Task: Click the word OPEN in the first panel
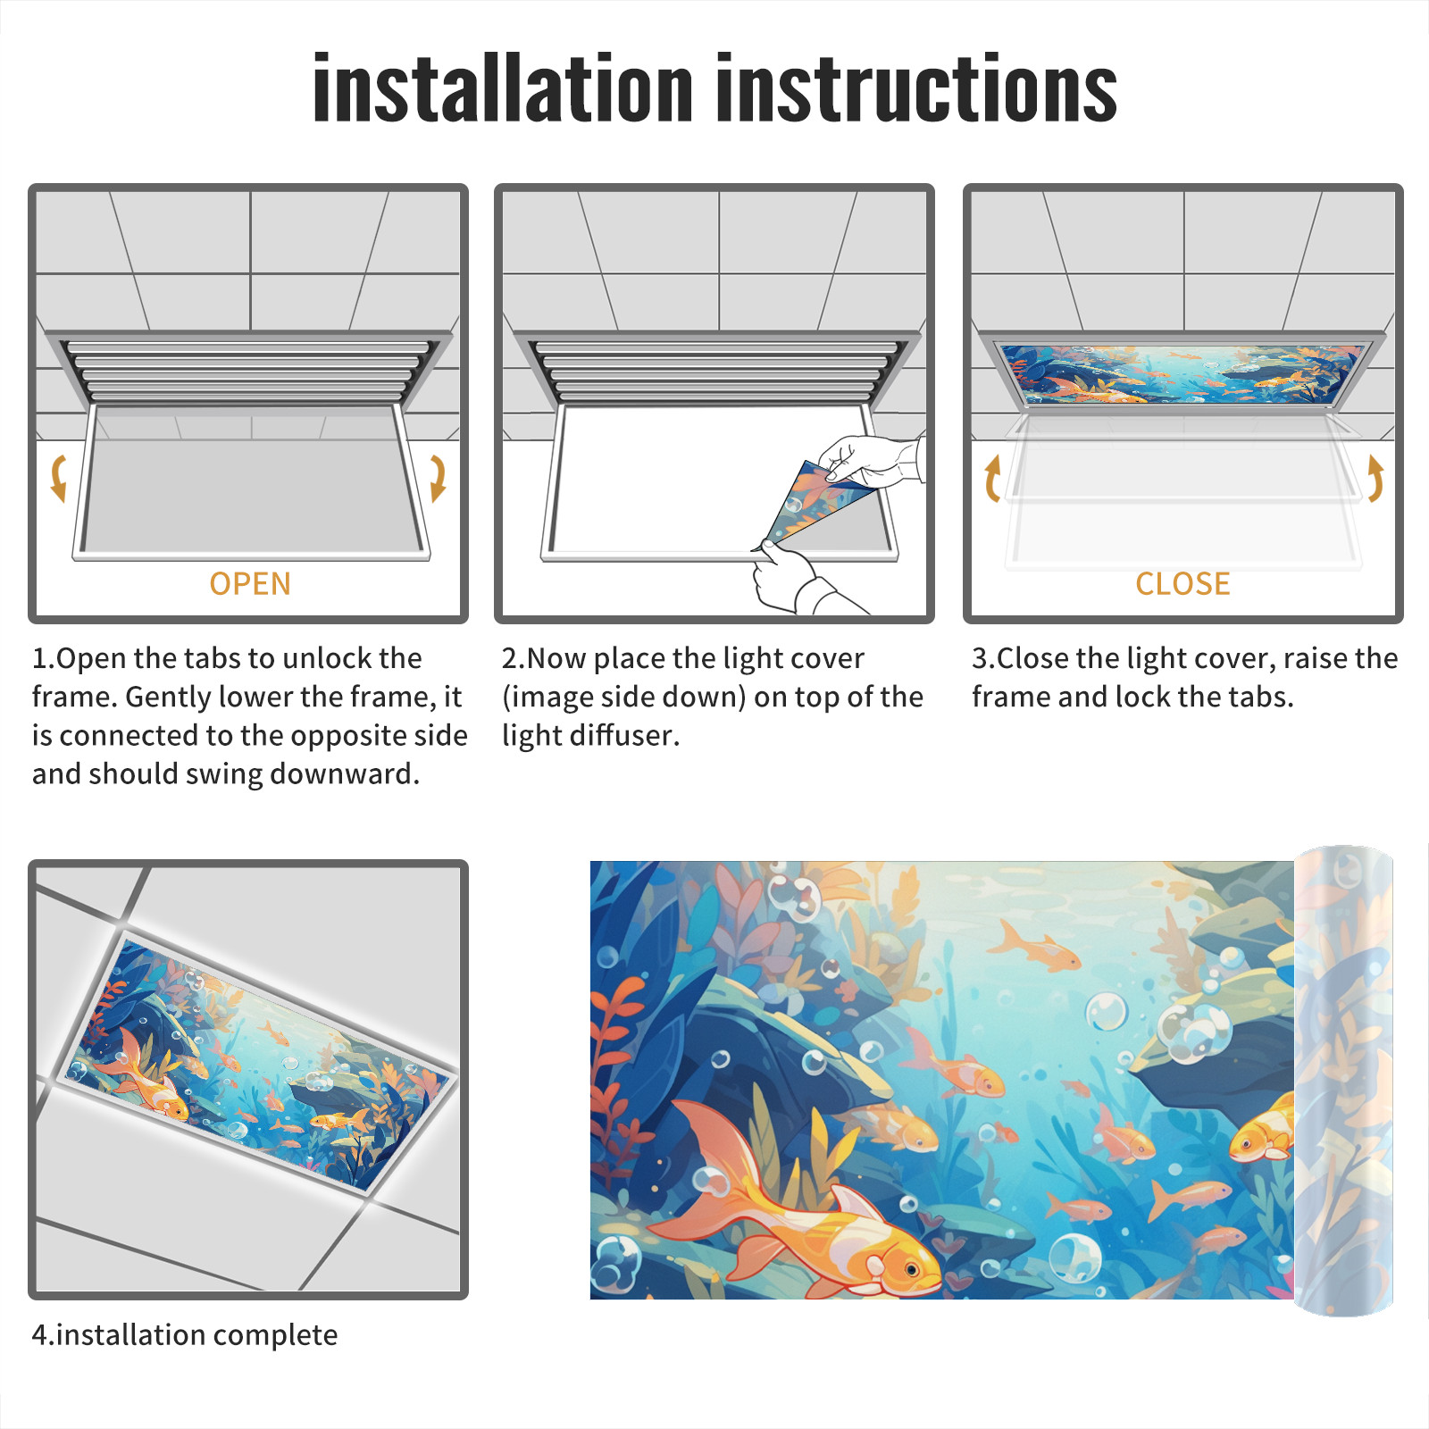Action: tap(250, 584)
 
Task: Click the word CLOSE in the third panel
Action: tap(1182, 584)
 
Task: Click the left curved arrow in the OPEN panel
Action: tap(59, 478)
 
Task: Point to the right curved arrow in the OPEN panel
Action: tap(438, 478)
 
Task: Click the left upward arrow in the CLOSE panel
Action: tap(992, 478)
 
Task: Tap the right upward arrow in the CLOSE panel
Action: tap(1375, 478)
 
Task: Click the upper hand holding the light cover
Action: tap(871, 460)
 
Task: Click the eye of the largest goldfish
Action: tap(910, 1269)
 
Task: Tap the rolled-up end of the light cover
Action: tap(1343, 1081)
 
